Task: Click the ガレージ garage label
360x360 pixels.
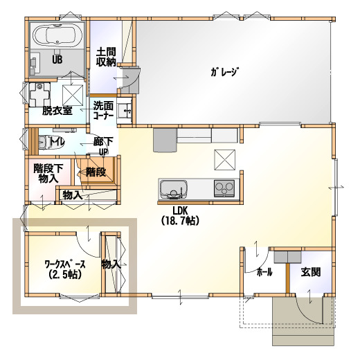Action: (224, 72)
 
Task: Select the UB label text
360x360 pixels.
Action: (57, 60)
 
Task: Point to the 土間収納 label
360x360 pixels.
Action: (106, 57)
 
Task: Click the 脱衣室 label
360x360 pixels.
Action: (57, 111)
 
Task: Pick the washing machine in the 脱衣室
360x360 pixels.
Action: (39, 95)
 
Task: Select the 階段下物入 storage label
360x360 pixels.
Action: (48, 173)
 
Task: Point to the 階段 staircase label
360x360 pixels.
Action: (96, 172)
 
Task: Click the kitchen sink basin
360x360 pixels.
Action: (173, 188)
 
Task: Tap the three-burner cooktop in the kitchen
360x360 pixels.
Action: (224, 188)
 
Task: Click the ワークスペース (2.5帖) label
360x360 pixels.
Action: (65, 269)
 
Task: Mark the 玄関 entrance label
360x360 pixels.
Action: (311, 272)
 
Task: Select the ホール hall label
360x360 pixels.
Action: (264, 273)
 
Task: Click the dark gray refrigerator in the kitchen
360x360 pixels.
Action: (165, 140)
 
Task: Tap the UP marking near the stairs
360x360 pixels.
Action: (104, 152)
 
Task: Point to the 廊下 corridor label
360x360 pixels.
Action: (103, 142)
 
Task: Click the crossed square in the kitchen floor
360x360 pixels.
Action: (225, 160)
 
